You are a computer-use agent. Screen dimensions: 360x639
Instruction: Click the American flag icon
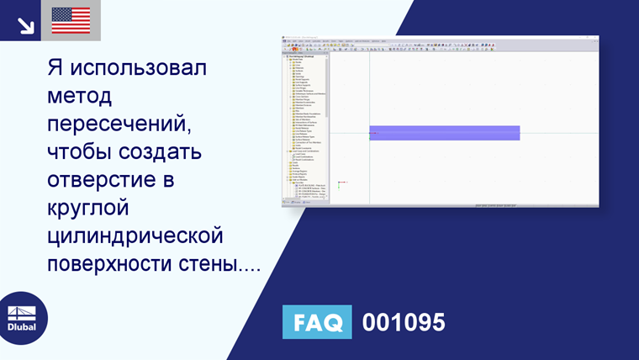71,20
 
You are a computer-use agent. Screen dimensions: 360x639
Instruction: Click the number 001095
404,322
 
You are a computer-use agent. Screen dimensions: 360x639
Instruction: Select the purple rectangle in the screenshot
444,133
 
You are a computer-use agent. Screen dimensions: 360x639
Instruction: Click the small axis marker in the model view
341,183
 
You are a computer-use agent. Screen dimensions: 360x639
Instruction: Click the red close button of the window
595,39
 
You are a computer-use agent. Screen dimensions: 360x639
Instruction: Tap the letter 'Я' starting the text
58,68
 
